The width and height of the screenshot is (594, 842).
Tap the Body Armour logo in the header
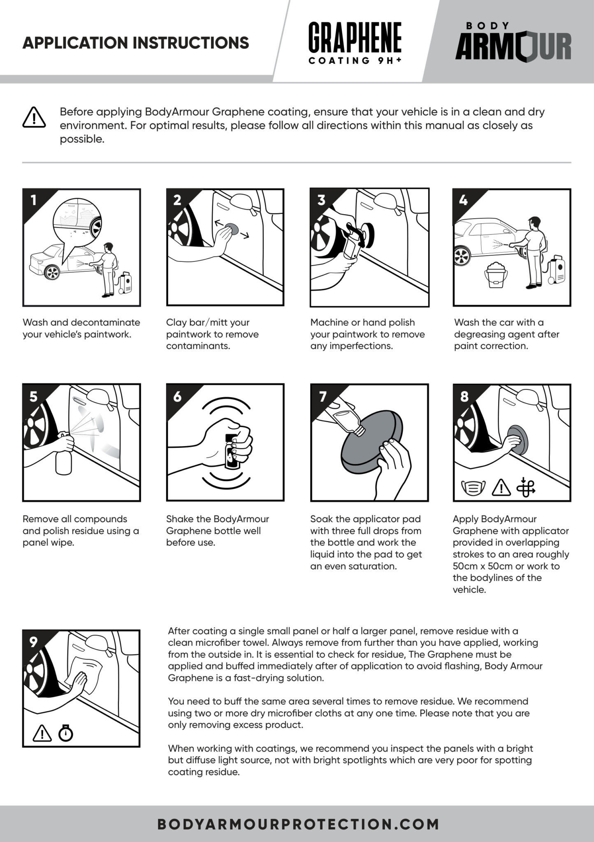pos(513,42)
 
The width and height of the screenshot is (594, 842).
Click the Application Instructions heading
pos(136,43)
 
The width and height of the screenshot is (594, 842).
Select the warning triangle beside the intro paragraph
pos(34,117)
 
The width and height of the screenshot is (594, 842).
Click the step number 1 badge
pos(34,200)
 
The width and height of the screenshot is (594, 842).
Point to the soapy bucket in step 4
pos(497,273)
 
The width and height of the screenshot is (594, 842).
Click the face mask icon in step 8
pos(473,488)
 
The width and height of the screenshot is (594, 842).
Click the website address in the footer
pos(299,824)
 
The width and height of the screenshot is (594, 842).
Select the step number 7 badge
pos(323,396)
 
